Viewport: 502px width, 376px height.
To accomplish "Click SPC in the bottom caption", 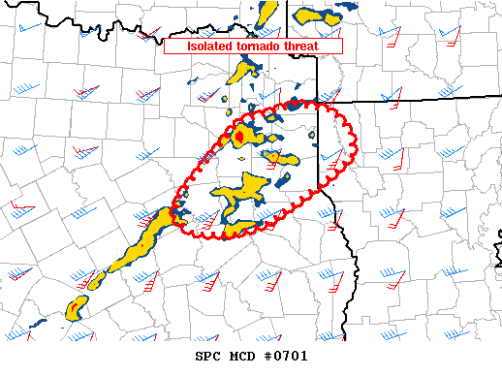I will [211, 356].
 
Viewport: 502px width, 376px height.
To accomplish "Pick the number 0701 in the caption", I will [291, 356].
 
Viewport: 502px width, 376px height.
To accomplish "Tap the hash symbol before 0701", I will [267, 356].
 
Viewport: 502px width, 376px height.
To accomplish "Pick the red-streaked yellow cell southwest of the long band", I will [74, 309].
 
